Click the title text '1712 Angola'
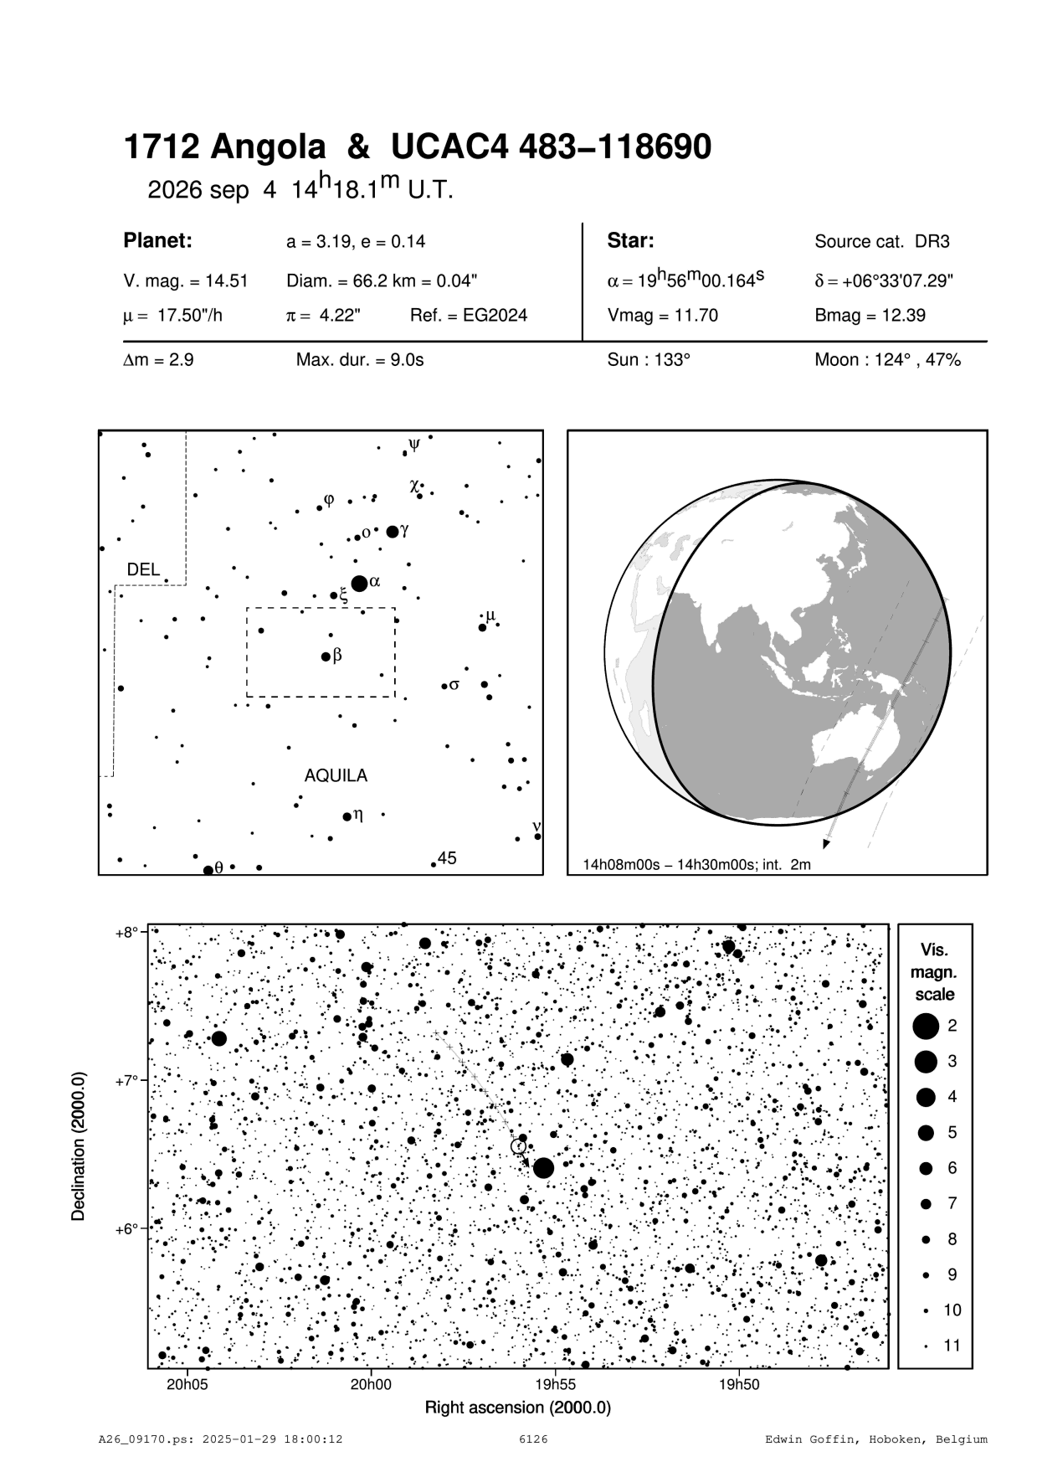(x=224, y=147)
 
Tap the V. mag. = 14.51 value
(x=185, y=281)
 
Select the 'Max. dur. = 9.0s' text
(x=360, y=360)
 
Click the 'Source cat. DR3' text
(x=881, y=242)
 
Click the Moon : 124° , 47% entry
(x=887, y=360)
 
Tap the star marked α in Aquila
(x=359, y=583)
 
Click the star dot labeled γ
(x=393, y=532)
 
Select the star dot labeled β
(x=326, y=656)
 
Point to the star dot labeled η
(x=347, y=816)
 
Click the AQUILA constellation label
(x=336, y=776)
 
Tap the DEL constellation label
(x=143, y=569)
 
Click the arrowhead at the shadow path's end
(x=827, y=843)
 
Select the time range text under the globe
(x=697, y=864)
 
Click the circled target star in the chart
(x=519, y=1146)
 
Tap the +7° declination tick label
(x=127, y=1080)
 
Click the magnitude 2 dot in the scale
(x=926, y=1026)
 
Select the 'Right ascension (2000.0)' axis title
(x=518, y=1407)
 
